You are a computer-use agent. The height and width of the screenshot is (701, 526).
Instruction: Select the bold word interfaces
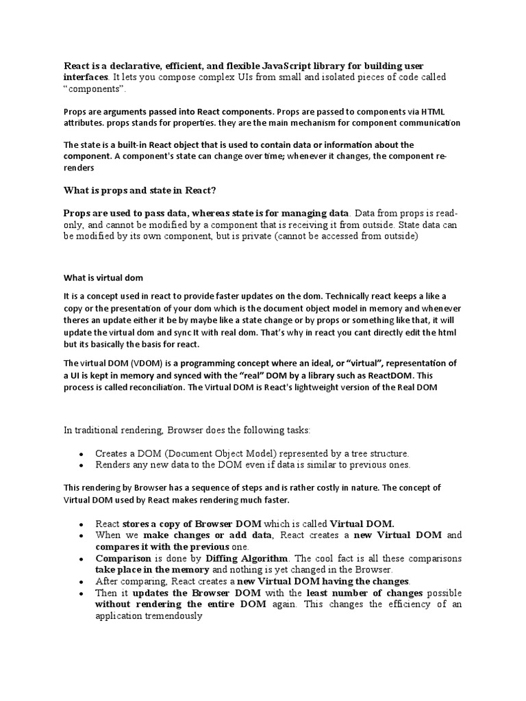[86, 77]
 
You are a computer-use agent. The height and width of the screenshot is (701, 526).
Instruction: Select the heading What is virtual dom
[104, 278]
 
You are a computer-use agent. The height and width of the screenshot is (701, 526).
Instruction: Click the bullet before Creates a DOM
[82, 454]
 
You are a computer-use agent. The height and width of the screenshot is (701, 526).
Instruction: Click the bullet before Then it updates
[82, 593]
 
